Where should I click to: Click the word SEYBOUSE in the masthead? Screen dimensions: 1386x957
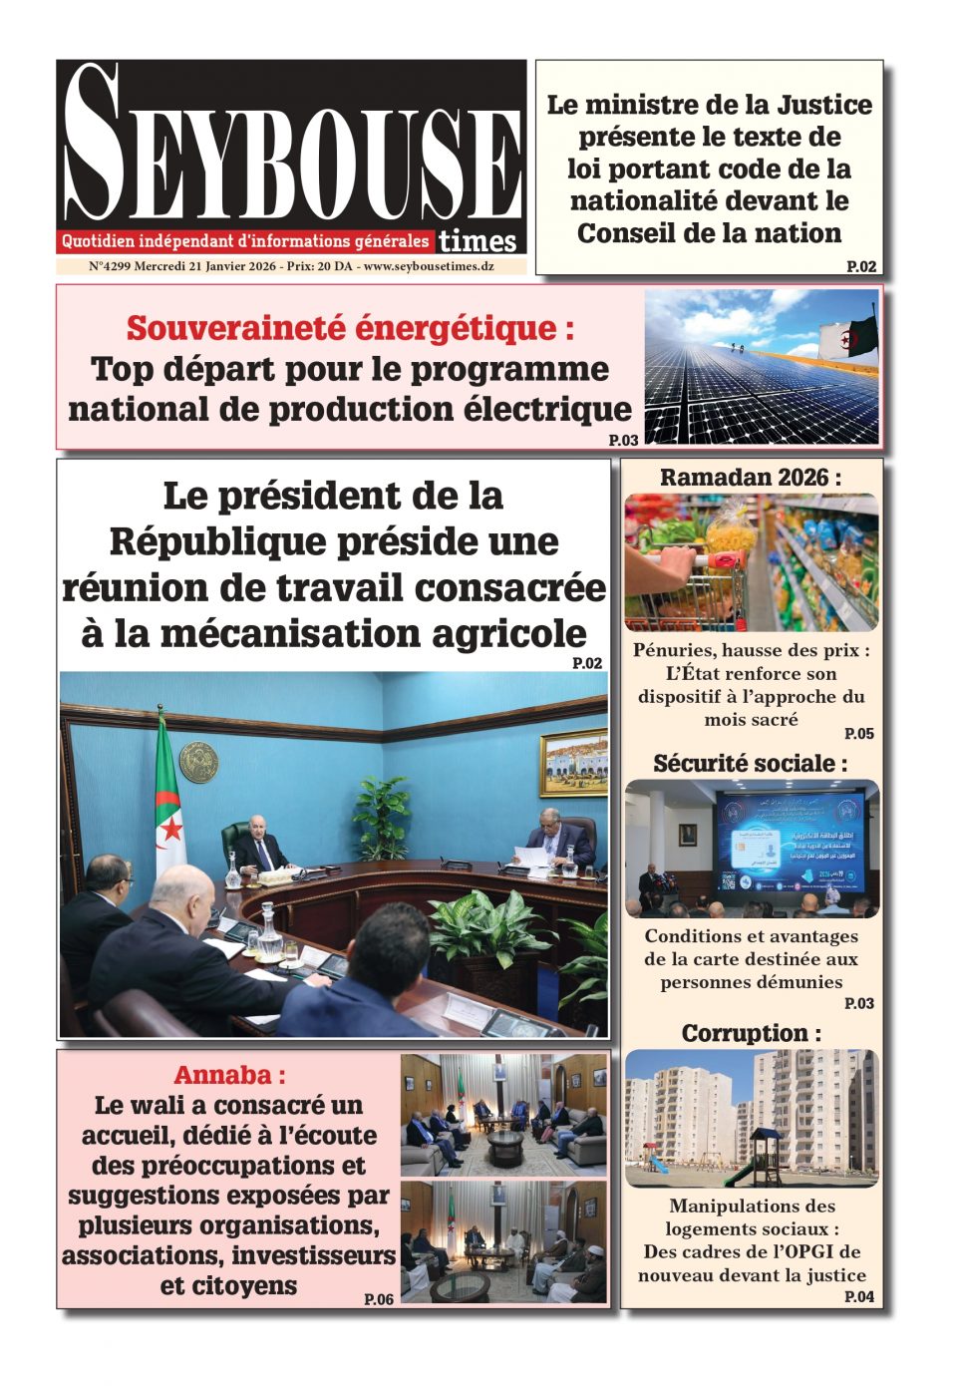pyautogui.click(x=291, y=150)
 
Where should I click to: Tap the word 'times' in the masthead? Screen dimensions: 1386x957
pyautogui.click(x=478, y=241)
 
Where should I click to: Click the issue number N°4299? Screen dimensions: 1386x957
pyautogui.click(x=110, y=267)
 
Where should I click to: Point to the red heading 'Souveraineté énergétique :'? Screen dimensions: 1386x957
pyautogui.click(x=350, y=327)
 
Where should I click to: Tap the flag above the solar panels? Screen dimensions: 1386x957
pyautogui.click(x=848, y=339)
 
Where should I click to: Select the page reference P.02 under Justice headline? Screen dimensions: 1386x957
pyautogui.click(x=861, y=266)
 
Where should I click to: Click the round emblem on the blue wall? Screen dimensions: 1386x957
pyautogui.click(x=198, y=762)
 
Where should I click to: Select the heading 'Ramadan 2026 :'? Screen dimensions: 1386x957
pyautogui.click(x=751, y=478)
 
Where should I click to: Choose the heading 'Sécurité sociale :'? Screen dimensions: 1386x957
pyautogui.click(x=751, y=764)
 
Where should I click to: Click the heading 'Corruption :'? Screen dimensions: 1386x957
pyautogui.click(x=751, y=1033)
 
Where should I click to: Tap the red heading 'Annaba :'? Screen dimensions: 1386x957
pyautogui.click(x=229, y=1075)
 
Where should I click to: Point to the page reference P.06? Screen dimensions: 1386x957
pyautogui.click(x=379, y=1299)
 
